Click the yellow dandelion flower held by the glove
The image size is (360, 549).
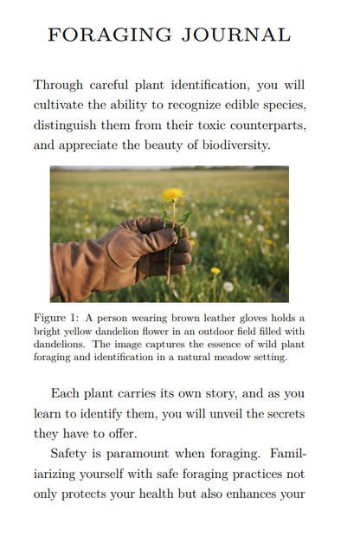click(x=173, y=195)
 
